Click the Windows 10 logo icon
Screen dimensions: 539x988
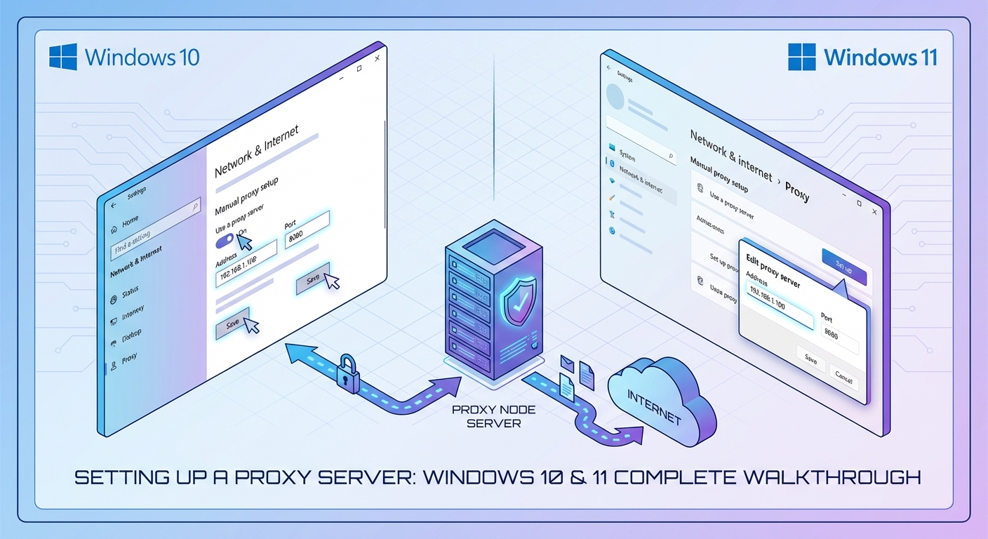coord(63,57)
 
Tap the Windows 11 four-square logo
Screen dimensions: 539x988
coord(802,57)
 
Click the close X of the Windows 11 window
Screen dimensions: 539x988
coord(874,211)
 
